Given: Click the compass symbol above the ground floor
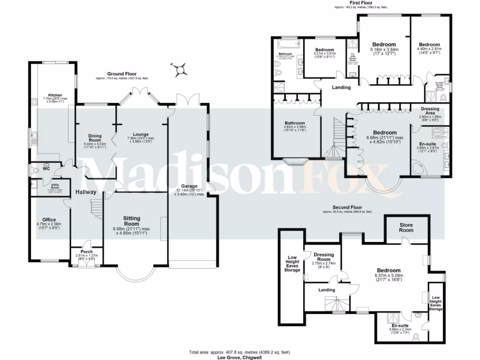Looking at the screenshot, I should click(180, 70).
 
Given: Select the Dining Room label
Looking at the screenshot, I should click(95, 137).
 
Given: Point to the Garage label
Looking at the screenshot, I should click(189, 186).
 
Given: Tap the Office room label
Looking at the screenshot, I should click(49, 219).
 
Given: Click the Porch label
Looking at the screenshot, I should click(87, 252).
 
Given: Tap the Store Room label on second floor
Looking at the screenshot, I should click(406, 227).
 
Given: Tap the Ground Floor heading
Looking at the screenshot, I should click(121, 74).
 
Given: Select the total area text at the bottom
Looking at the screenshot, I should click(240, 352).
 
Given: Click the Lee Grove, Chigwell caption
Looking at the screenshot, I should click(240, 357).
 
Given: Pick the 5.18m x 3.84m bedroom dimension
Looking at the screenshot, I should click(384, 49).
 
